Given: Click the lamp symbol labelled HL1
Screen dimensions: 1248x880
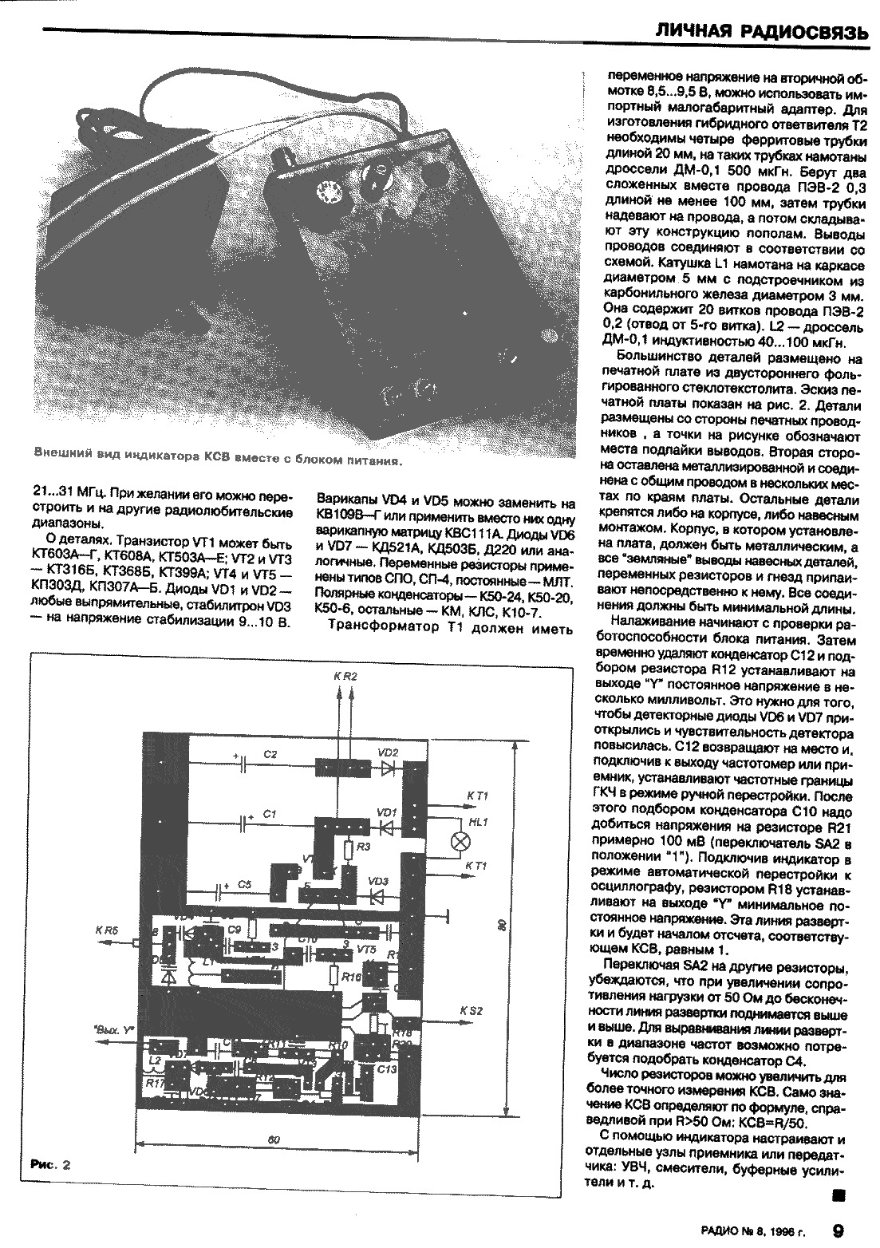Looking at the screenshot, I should click(460, 840).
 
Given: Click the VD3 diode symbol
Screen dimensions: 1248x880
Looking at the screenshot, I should click(378, 895).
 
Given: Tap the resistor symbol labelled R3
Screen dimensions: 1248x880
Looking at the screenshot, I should click(350, 849).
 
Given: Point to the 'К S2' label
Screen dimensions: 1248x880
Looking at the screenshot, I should click(472, 1011).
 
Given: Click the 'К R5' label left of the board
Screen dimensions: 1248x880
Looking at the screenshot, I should click(106, 930).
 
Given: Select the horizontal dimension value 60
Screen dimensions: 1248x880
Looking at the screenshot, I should click(272, 1139).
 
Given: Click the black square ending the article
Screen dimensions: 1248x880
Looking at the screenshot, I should click(837, 1195).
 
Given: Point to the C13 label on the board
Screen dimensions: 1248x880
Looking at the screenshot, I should click(387, 1068).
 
